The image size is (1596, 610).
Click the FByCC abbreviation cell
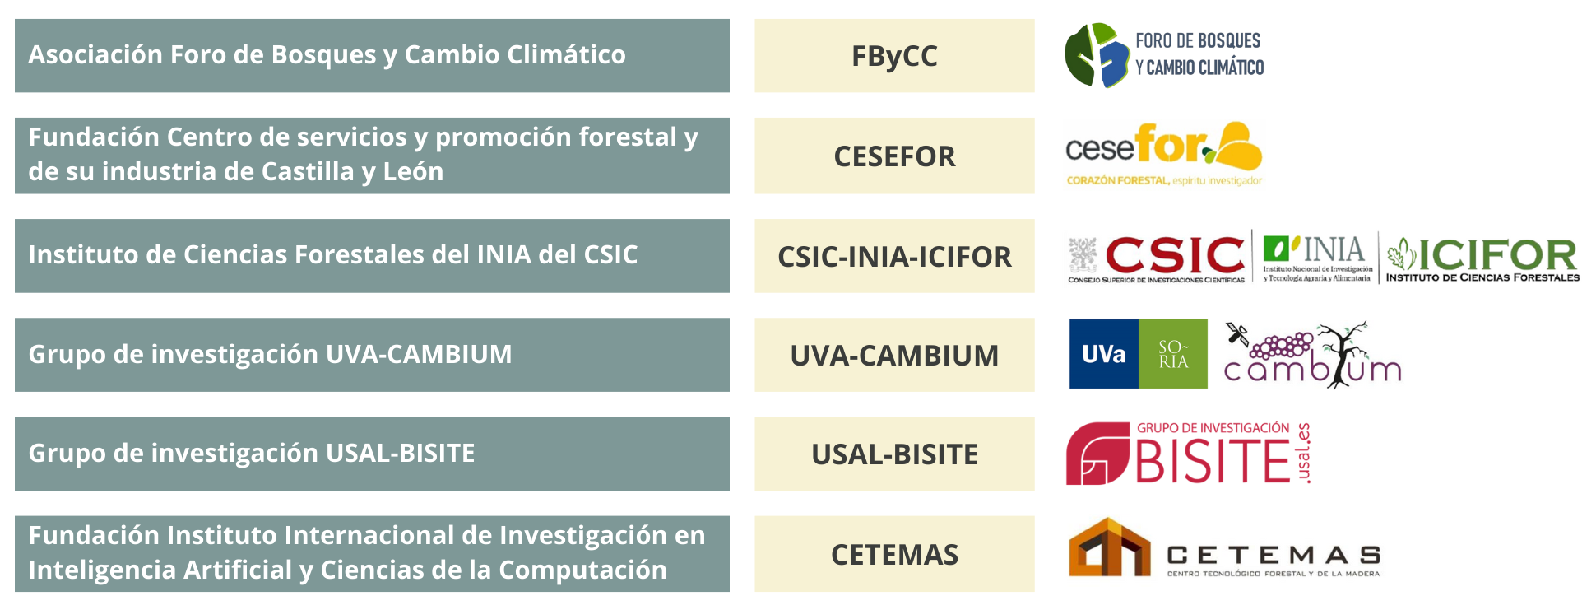pos(894,56)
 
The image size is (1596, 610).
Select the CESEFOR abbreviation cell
pos(894,156)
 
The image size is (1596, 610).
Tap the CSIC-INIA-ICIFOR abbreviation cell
pos(894,256)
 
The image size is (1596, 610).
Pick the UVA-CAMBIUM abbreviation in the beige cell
pos(894,356)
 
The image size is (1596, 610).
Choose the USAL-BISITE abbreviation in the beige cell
pos(894,454)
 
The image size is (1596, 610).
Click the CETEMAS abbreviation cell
pos(894,554)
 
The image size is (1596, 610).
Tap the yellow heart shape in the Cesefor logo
pos(1237,147)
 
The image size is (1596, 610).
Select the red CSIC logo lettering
pos(1176,255)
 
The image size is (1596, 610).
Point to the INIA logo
pos(1317,258)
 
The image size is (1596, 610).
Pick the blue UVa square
pos(1104,354)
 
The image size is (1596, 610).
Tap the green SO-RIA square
pos(1173,354)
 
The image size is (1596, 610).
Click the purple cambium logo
pos(1312,355)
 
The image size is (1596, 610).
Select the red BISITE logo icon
pos(1097,454)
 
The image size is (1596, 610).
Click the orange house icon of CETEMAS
pos(1110,547)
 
